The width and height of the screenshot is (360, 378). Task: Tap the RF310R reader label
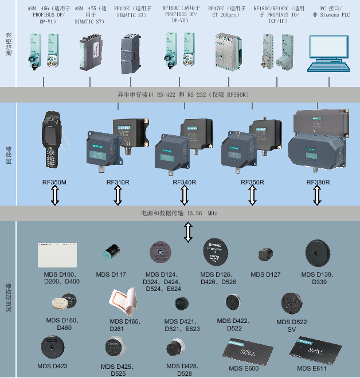tap(118, 182)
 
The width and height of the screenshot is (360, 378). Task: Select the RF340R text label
tap(185, 182)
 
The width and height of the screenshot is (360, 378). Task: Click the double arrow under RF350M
tap(55, 195)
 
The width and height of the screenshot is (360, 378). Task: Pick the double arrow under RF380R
tap(317, 195)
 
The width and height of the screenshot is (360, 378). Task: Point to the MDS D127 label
tap(265, 274)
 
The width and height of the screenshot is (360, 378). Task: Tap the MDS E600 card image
tap(244, 350)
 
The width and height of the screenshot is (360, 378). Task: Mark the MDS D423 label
tap(52, 366)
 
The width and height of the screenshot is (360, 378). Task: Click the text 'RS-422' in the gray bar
tap(166, 94)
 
